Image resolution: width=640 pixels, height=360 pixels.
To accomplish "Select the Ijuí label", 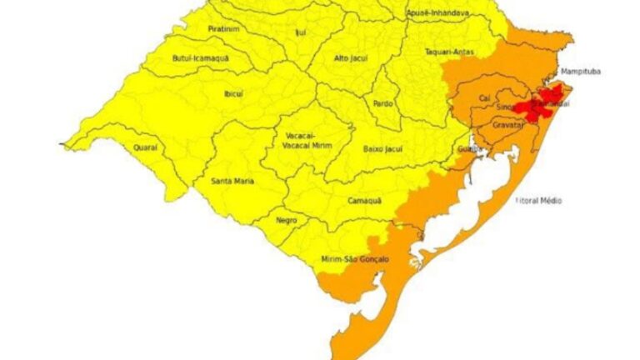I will click(301, 32).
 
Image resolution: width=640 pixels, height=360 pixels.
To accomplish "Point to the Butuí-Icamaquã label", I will click(200, 58).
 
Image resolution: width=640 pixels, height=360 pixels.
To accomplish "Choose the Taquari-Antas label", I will click(449, 51).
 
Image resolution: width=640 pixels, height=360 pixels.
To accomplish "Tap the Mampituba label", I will click(580, 72).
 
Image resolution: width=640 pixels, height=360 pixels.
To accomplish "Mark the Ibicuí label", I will click(233, 93).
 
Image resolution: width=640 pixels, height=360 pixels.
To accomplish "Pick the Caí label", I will click(484, 99).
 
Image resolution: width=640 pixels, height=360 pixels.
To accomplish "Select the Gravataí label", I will click(507, 125).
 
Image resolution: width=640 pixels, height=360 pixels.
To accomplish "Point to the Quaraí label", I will click(145, 147).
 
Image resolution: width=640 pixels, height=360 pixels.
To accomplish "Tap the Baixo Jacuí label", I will click(382, 148).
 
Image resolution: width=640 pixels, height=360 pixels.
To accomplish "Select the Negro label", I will click(287, 221).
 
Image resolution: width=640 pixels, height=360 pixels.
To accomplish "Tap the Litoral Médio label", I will click(538, 201).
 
